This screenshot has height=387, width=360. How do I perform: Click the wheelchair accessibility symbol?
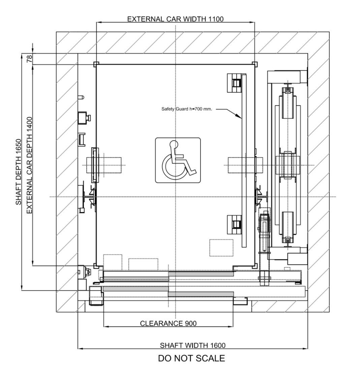click(x=178, y=160)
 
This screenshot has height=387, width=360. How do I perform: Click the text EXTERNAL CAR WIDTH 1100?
click(x=175, y=19)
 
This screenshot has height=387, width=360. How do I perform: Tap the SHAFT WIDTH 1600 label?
click(x=192, y=345)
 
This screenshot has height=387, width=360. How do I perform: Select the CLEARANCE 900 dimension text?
click(x=168, y=324)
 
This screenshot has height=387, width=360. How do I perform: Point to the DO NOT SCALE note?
click(x=191, y=358)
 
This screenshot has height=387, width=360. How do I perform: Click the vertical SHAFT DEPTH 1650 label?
click(x=19, y=172)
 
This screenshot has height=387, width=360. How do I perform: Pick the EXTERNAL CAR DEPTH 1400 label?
click(x=29, y=165)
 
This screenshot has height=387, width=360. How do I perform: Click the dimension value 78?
click(x=30, y=59)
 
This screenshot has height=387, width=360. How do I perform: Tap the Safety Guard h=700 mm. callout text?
click(x=187, y=109)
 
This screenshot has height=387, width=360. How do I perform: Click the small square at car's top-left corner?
click(x=95, y=64)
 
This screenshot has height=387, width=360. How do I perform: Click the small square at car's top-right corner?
click(x=255, y=64)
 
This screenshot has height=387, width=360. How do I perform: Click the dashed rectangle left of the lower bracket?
click(x=221, y=248)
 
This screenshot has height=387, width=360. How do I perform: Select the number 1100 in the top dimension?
click(x=216, y=19)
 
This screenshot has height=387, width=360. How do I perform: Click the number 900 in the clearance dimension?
click(x=190, y=324)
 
